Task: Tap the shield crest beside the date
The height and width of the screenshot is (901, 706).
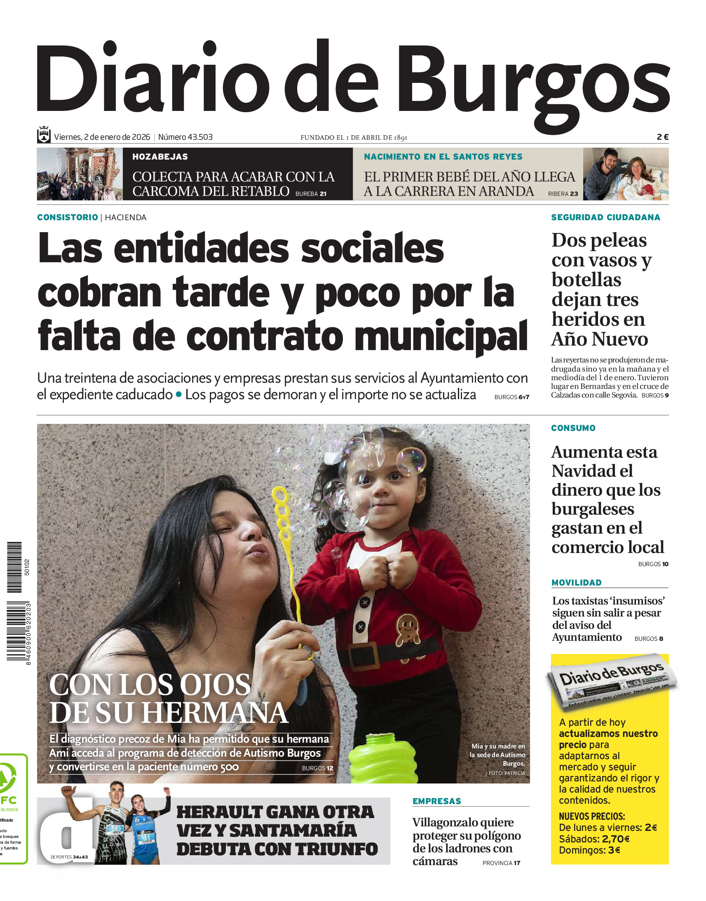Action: coord(44,135)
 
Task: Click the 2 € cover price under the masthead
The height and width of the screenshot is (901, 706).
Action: coord(662,137)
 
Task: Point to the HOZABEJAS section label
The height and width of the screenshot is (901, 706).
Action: coord(160,157)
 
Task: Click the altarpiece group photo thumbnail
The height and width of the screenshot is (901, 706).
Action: coord(80,174)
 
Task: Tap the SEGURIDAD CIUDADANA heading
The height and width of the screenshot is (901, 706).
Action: coord(605,217)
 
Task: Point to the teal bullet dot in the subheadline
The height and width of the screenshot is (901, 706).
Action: coord(178,394)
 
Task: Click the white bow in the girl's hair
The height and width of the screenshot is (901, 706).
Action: coord(332,458)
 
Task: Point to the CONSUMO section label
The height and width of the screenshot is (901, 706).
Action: coord(573,428)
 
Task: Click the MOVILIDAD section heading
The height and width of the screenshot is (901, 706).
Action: coord(576,583)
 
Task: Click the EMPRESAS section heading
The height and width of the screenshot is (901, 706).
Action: coord(436,801)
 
